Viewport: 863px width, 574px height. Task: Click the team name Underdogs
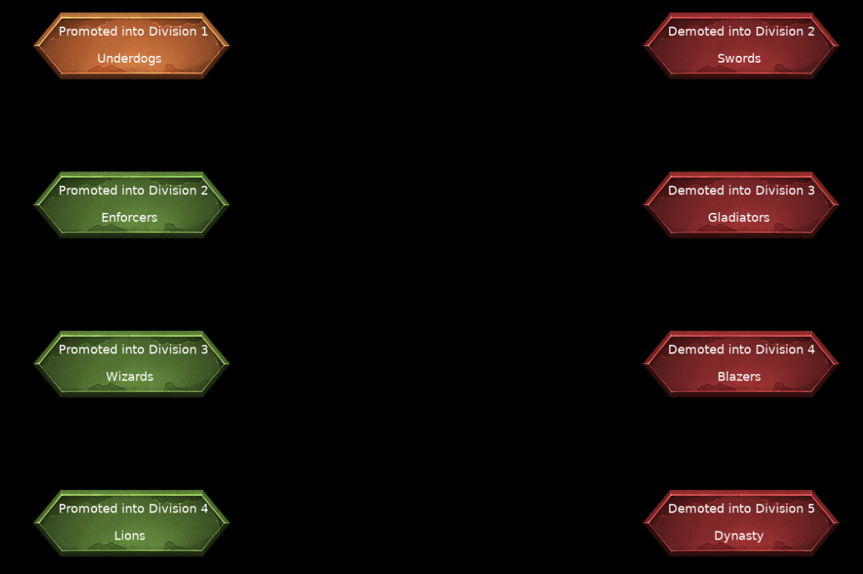point(130,59)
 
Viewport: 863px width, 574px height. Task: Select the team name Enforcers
point(130,218)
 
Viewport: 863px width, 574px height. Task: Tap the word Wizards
point(130,376)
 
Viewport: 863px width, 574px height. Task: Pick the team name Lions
point(130,535)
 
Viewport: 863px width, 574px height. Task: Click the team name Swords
point(739,59)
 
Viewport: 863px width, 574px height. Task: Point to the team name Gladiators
point(738,218)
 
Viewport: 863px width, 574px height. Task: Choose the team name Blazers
point(739,376)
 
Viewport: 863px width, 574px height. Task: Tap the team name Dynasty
point(738,536)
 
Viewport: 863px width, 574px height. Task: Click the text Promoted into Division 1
point(133,31)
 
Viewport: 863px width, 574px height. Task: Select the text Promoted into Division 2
point(133,190)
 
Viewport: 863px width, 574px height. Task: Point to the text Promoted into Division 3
point(133,349)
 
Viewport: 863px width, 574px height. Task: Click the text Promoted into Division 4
point(133,509)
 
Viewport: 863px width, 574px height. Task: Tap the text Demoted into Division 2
point(741,31)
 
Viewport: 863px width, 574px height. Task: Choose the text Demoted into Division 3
point(741,190)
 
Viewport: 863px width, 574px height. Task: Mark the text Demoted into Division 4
point(741,349)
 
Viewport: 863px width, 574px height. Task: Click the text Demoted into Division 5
point(741,509)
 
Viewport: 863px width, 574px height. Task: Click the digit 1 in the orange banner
point(204,32)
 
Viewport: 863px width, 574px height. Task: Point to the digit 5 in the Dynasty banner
point(811,509)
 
